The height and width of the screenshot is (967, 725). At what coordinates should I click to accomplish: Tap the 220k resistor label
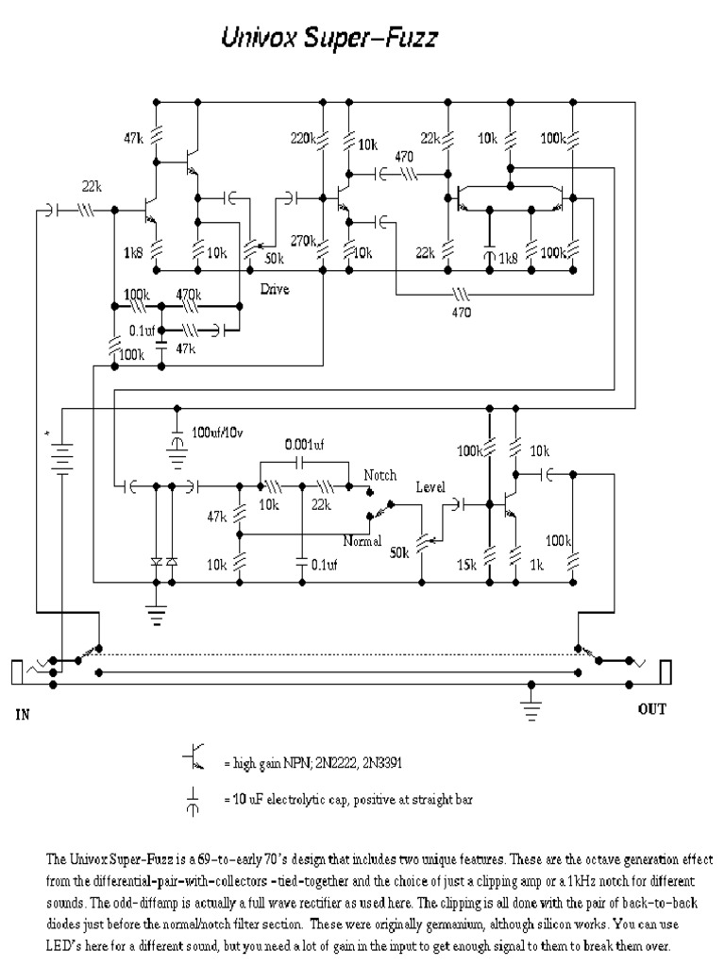[x=302, y=139]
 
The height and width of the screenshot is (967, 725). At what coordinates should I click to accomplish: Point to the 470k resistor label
[x=188, y=294]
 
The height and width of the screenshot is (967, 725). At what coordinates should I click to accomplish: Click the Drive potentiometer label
[x=275, y=290]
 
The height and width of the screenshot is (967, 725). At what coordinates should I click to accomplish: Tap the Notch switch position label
[x=380, y=475]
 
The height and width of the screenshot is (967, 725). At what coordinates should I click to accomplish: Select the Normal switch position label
[x=362, y=541]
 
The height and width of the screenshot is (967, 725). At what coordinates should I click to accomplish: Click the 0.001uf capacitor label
[x=305, y=443]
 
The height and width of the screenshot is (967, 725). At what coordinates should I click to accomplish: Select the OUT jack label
[x=651, y=709]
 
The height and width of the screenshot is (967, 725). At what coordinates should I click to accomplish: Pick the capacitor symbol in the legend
[x=194, y=800]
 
